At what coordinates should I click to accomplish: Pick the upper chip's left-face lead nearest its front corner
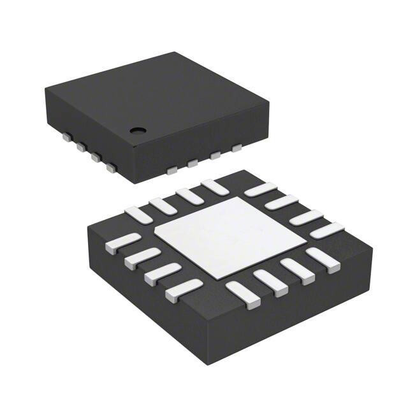pyautogui.click(x=112, y=169)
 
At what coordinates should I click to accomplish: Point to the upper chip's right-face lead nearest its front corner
pyautogui.click(x=171, y=170)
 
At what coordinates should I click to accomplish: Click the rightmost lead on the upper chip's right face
pyautogui.click(x=237, y=148)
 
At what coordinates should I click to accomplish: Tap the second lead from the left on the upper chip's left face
pyautogui.click(x=81, y=147)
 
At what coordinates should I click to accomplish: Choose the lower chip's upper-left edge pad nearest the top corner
pyautogui.click(x=214, y=187)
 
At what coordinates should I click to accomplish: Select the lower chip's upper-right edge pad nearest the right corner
pyautogui.click(x=327, y=230)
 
